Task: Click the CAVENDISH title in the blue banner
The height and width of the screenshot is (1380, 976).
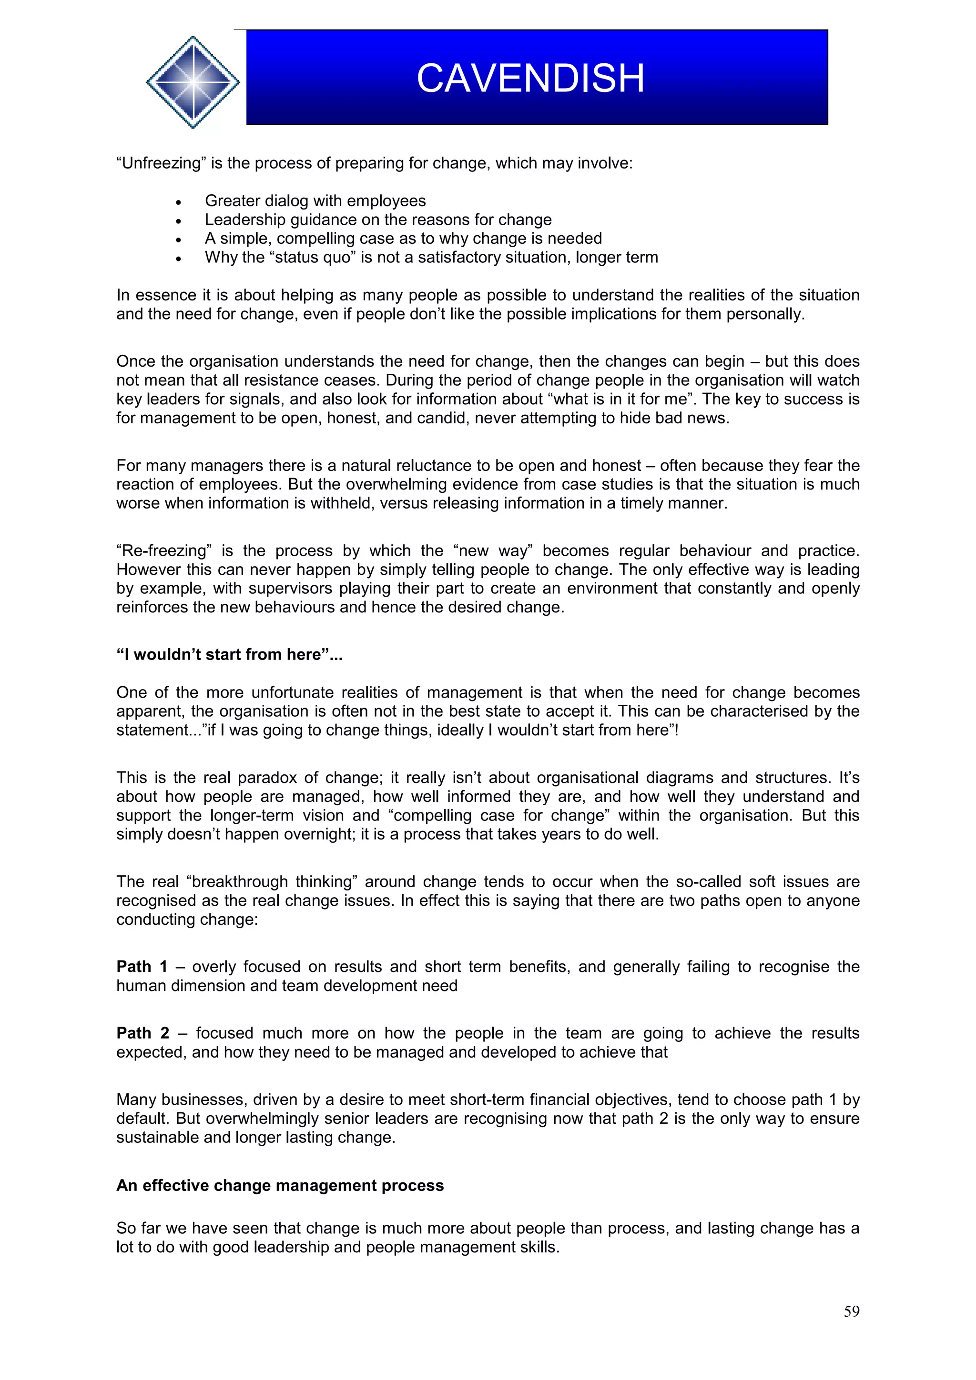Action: click(530, 78)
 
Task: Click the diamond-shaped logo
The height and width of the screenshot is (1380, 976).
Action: click(193, 82)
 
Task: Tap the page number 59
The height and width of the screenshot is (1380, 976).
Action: click(851, 1311)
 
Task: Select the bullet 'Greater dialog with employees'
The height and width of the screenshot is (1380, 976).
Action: click(315, 201)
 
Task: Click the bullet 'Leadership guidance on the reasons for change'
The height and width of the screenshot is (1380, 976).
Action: click(377, 220)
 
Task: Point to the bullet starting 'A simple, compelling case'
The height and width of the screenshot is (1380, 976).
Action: click(403, 238)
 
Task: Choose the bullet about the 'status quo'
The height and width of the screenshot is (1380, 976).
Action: click(431, 257)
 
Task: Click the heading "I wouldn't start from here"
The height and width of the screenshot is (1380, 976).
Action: click(229, 655)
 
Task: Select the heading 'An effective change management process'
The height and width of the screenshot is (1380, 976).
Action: click(280, 1185)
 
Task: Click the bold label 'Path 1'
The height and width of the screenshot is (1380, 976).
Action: click(142, 967)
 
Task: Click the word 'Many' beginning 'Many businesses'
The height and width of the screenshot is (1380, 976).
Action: click(136, 1100)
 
